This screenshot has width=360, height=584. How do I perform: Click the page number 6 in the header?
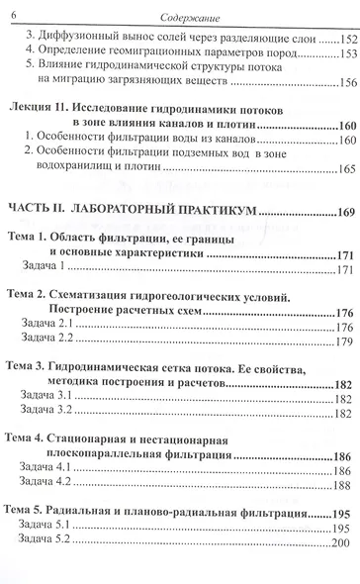pos(14,10)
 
